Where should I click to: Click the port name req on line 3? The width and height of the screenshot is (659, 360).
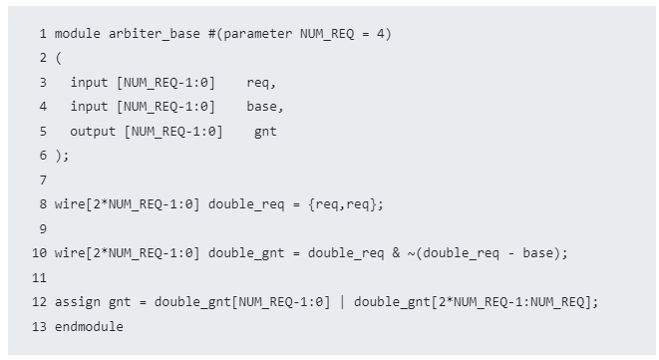[x=258, y=83]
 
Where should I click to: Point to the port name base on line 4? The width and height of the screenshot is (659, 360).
[x=262, y=107]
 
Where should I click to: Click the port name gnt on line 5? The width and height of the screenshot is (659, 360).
[x=266, y=132]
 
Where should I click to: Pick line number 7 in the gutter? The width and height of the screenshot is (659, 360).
[x=44, y=180]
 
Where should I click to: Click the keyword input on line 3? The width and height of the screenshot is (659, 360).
[x=90, y=83]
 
